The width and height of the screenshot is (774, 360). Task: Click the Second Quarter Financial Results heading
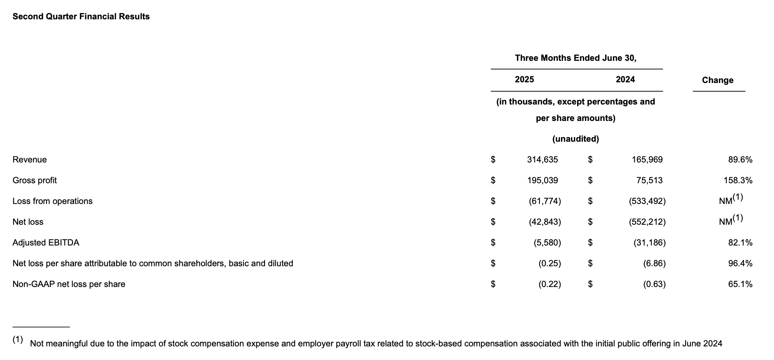pos(81,16)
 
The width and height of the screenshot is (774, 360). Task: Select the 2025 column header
pos(524,79)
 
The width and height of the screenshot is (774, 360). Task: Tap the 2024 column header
pos(625,79)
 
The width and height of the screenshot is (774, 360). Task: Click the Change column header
pos(717,80)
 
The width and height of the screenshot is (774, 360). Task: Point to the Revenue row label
pos(30,160)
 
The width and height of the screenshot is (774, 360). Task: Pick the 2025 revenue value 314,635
pos(542,160)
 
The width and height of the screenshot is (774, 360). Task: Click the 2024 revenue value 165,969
pos(647,160)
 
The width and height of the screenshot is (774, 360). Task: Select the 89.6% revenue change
pos(740,160)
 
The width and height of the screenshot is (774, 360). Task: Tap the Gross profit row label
pos(35,180)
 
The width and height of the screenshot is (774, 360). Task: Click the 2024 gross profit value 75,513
pos(649,180)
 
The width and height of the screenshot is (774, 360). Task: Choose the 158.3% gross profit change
pos(738,180)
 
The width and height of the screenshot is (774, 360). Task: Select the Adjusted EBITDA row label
pos(46,243)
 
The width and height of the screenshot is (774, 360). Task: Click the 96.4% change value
pos(740,263)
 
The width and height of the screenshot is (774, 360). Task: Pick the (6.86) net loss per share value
pos(654,263)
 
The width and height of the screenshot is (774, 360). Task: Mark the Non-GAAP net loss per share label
pos(69,284)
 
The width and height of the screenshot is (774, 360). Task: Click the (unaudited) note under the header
pos(575,139)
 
